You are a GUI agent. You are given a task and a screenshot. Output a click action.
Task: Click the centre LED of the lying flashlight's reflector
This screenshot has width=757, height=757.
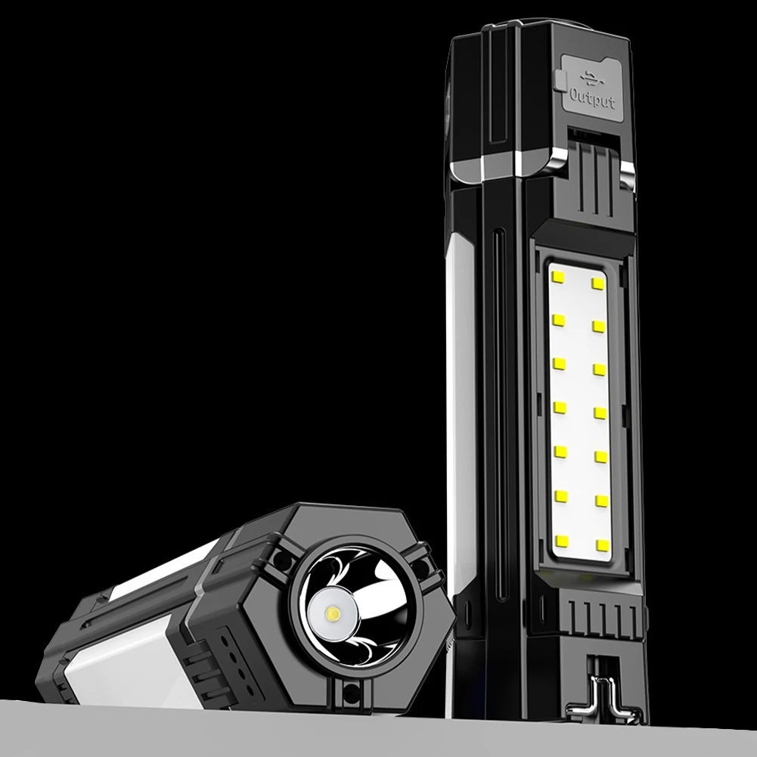(x=334, y=613)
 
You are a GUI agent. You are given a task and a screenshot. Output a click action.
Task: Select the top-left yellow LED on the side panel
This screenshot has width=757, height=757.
(x=560, y=277)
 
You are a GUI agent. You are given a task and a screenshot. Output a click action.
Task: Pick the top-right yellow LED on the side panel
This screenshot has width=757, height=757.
(x=599, y=282)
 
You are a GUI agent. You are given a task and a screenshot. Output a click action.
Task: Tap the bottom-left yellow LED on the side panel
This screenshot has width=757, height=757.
(x=562, y=540)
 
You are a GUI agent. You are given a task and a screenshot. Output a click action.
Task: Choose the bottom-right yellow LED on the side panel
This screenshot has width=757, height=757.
(x=602, y=544)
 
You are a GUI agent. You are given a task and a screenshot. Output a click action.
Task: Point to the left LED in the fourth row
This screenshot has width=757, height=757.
(x=560, y=408)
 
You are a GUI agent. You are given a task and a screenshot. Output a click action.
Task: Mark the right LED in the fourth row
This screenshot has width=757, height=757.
(x=600, y=413)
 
